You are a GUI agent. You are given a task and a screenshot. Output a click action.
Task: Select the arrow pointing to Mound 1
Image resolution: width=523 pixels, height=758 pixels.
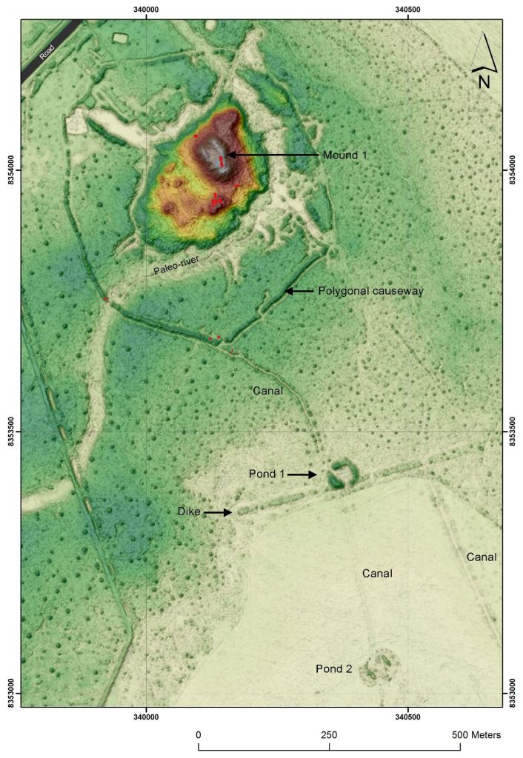270,155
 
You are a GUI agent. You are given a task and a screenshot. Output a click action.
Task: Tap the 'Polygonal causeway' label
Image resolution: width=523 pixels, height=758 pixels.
370,292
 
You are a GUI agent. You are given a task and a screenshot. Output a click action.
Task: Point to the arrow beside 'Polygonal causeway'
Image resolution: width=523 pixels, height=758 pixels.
299,292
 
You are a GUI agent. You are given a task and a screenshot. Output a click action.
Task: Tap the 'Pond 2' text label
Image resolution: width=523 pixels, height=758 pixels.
333,669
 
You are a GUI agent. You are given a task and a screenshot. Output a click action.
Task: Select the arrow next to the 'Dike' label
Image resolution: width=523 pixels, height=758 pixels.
219,512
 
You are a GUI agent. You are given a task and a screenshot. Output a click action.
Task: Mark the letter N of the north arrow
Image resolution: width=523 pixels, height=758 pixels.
484,82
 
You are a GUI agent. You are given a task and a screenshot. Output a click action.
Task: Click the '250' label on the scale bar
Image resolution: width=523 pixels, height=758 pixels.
329,735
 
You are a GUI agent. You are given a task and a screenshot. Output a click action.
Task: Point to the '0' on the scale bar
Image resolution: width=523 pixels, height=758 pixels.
199,735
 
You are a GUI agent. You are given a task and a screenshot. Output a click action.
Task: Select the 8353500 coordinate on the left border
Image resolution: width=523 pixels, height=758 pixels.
10,431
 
